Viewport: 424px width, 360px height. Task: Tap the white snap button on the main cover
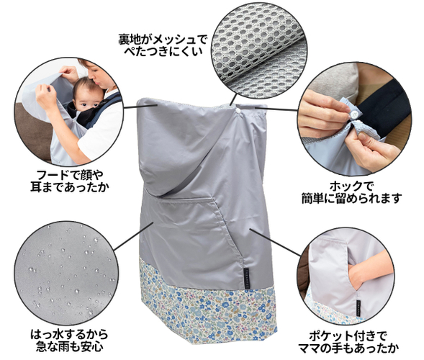[x=238, y=110]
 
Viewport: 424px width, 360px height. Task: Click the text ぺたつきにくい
[x=163, y=51]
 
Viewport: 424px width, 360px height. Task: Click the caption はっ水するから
[x=69, y=335]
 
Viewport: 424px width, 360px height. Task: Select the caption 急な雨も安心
[x=70, y=347]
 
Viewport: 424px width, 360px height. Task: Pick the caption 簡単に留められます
[x=352, y=199]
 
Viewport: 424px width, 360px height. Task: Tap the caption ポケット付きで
[x=348, y=336]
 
